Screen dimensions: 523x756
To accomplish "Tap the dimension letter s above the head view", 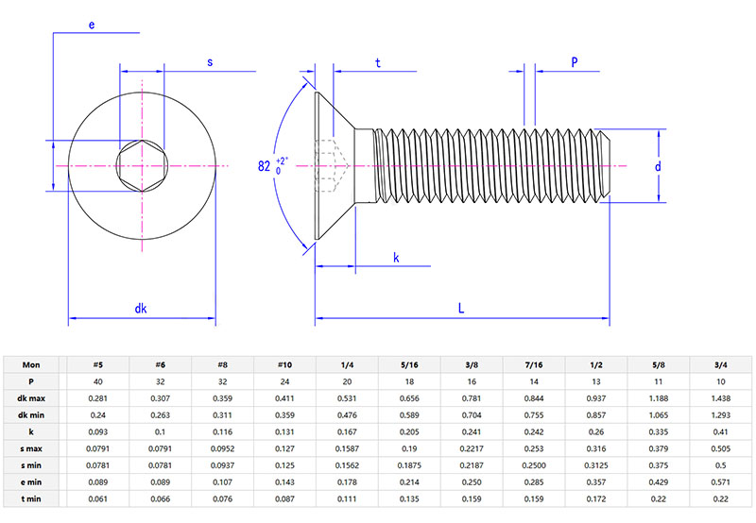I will (209, 62).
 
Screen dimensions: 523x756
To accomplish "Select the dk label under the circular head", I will (141, 308).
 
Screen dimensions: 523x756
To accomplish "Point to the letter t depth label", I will (378, 63).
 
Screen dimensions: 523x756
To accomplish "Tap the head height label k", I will (396, 258).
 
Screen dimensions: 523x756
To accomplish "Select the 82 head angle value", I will (265, 166).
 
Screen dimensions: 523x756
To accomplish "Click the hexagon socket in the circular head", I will (141, 166).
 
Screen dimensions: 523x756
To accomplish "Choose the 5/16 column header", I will (408, 365).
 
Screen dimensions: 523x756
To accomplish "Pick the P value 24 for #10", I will (283, 381).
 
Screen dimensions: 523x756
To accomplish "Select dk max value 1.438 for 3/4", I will (721, 398).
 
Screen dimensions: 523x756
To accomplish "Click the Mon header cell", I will (33, 365).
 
